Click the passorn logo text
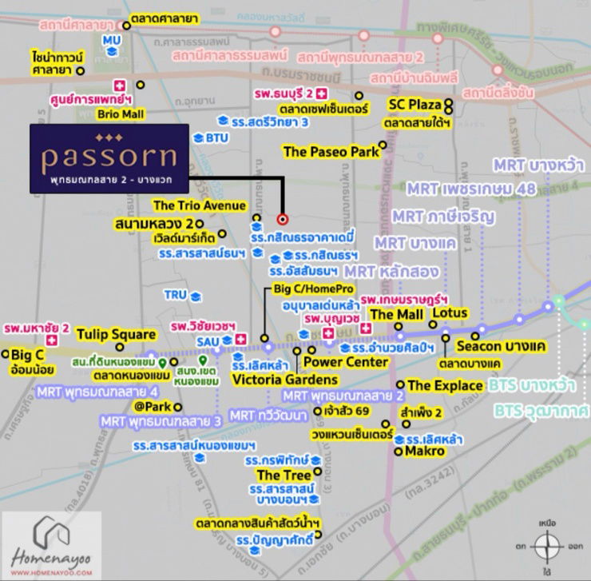point(109,154)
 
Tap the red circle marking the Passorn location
point(282,218)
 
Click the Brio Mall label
point(120,114)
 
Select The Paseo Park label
point(330,150)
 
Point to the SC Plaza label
point(414,105)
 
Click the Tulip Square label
point(116,333)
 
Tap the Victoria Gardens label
point(273,380)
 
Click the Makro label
point(424,451)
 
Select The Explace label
point(445,385)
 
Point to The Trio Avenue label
point(200,205)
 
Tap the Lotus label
point(449,313)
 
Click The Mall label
point(397,314)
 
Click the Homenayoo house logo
point(51,533)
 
